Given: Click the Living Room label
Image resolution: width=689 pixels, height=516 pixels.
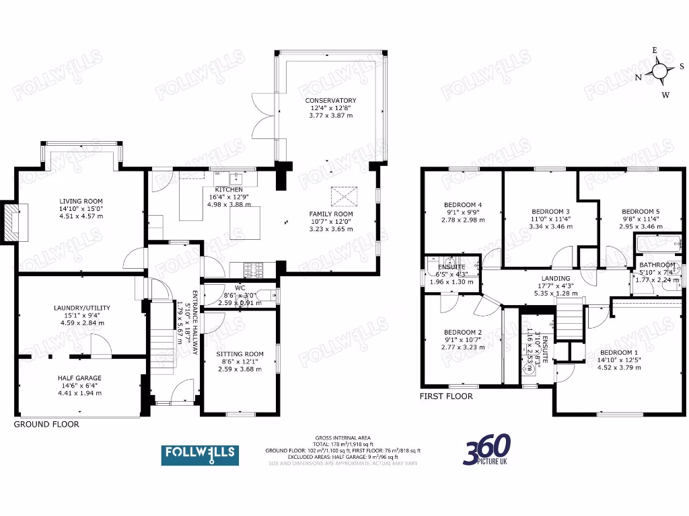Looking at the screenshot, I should coord(81,201).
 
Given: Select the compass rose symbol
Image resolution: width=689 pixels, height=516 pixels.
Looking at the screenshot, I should coord(660,71).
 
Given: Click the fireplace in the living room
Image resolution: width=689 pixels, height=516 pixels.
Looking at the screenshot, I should coord(13,222).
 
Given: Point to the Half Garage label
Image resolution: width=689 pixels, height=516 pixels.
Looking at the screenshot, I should coord(79,378).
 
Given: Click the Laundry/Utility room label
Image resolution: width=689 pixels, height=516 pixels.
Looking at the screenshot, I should coord(82,308).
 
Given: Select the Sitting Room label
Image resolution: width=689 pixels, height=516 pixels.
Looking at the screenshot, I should coord(240,353).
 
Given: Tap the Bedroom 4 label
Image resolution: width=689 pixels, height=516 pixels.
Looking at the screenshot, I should coord(463,205).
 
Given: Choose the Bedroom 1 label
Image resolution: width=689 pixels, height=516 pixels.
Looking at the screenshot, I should coord(619,353).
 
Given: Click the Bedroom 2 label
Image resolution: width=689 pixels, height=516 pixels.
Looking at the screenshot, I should coord(463,332).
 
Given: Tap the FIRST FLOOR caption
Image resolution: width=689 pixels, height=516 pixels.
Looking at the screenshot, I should coord(446,396).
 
